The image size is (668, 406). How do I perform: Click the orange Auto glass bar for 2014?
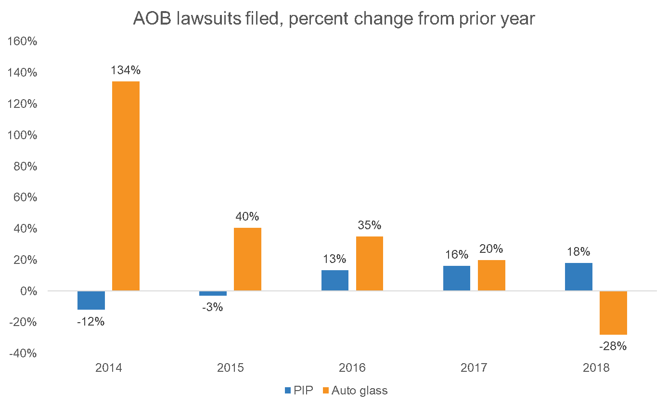coord(126,186)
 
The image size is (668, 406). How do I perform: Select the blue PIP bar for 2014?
coord(91,300)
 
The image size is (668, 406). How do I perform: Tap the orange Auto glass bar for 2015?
coord(247,259)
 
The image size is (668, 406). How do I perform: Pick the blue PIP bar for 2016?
coord(334,280)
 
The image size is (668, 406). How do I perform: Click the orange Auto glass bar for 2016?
coord(369,263)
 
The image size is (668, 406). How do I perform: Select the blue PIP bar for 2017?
coord(456,278)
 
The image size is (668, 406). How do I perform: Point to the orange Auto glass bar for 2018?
coord(613,313)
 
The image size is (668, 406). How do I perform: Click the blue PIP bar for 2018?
coord(578,276)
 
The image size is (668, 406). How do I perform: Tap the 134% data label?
coord(126,70)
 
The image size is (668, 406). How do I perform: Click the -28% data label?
coord(613,346)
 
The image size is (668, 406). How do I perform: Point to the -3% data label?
coord(212,307)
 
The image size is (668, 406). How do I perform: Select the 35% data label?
coord(369,225)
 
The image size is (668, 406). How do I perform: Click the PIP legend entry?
coord(299,390)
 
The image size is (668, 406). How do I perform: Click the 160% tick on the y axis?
coord(22,42)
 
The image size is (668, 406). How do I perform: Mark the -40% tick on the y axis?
coord(22,354)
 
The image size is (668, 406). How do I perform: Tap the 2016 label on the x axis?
coord(352,368)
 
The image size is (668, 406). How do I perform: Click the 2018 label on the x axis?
coord(596,368)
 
